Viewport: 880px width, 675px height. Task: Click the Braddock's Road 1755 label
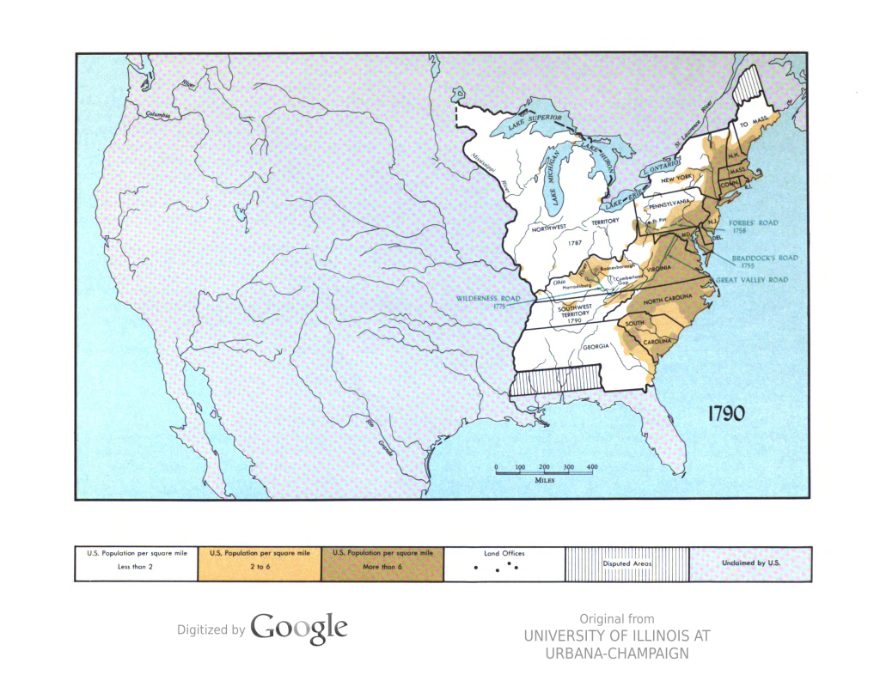(x=764, y=262)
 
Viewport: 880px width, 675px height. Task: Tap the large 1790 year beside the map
(x=726, y=413)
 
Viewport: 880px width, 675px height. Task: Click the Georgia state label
(x=596, y=346)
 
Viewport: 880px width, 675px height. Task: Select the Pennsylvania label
(x=669, y=206)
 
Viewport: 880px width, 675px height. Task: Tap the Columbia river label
(x=158, y=114)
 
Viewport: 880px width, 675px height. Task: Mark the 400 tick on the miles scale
(x=591, y=466)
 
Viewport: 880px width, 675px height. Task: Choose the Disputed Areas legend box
(x=626, y=563)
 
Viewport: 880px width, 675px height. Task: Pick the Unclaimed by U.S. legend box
(x=750, y=563)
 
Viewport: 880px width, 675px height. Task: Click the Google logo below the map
(x=299, y=629)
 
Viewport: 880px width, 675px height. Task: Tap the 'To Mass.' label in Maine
(x=753, y=125)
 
